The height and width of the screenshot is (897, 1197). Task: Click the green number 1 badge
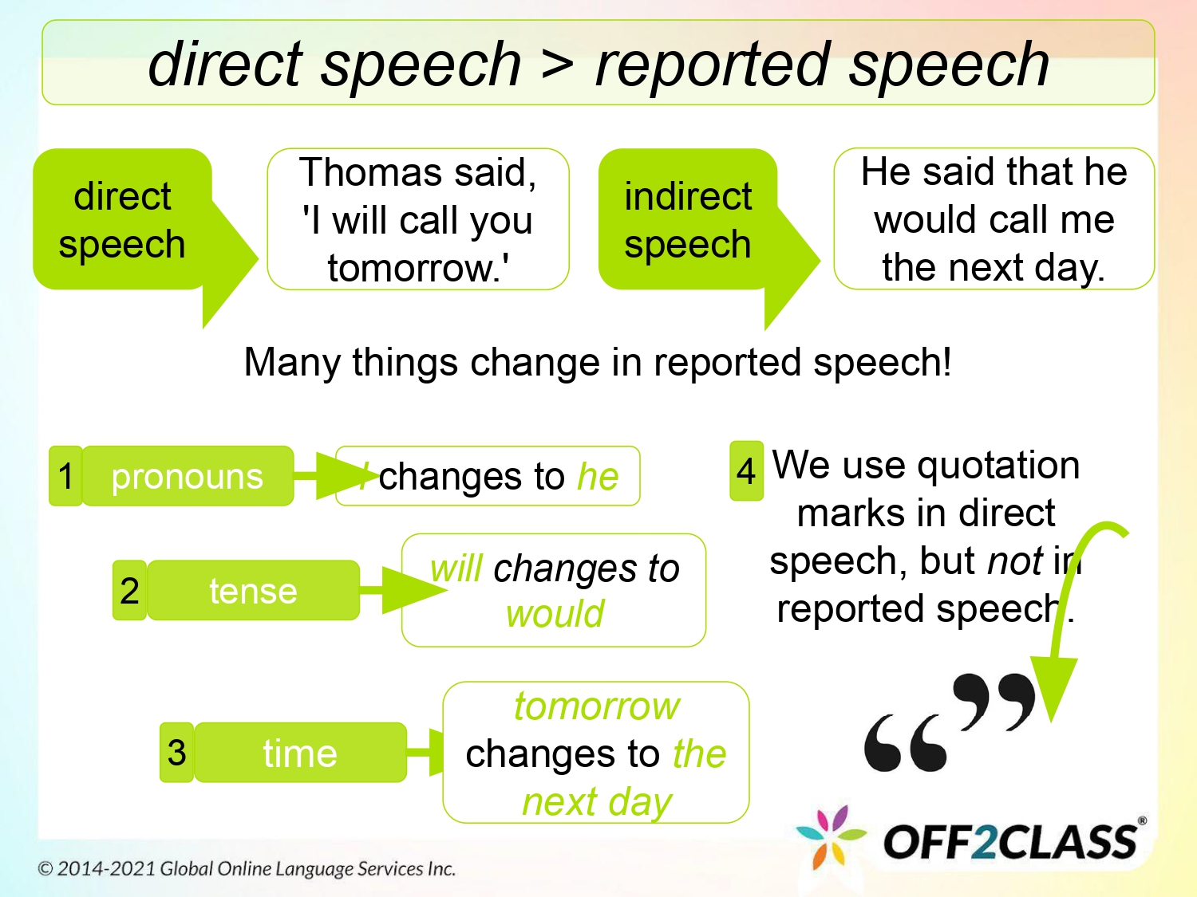pyautogui.click(x=65, y=476)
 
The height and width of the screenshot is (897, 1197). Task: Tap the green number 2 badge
pyautogui.click(x=129, y=591)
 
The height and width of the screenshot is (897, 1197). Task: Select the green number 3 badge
pyautogui.click(x=176, y=753)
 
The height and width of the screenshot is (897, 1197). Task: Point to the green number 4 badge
pyautogui.click(x=746, y=470)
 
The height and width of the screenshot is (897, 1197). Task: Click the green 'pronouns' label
pyautogui.click(x=188, y=476)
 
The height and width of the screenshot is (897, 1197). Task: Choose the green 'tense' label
pyautogui.click(x=253, y=591)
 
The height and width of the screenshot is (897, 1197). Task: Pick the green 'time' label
pyautogui.click(x=300, y=753)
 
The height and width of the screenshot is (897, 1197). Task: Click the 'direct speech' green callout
pyautogui.click(x=122, y=219)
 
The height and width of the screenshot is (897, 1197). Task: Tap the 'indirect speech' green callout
pyautogui.click(x=687, y=219)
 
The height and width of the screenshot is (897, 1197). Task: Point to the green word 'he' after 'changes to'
pyautogui.click(x=598, y=477)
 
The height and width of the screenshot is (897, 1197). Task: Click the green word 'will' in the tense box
pyautogui.click(x=456, y=568)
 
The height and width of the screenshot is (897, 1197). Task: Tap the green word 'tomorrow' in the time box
pyautogui.click(x=597, y=706)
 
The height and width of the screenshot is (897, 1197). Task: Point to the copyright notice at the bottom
pyautogui.click(x=247, y=868)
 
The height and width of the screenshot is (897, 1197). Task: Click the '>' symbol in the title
pyautogui.click(x=557, y=64)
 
